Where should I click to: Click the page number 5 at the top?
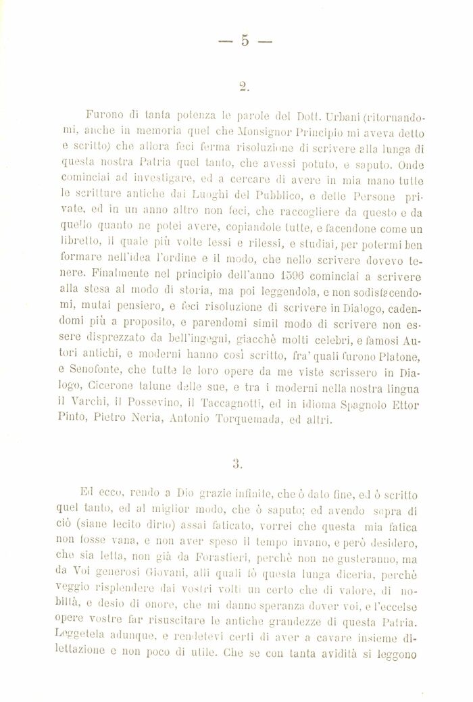(245, 42)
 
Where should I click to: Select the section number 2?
(246, 86)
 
